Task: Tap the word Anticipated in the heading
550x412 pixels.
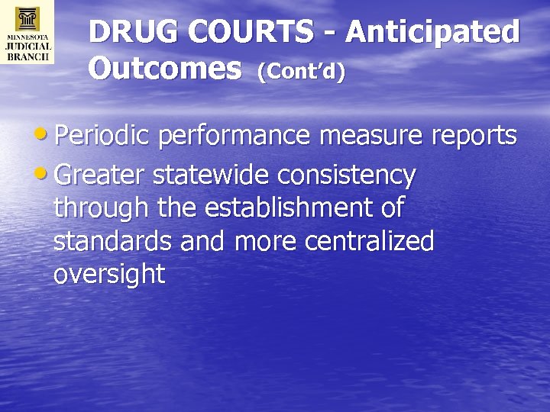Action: tap(432, 33)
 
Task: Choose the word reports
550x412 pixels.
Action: tap(474, 137)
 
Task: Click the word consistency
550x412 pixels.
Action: tap(347, 176)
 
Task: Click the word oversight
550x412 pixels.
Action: tap(109, 275)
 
